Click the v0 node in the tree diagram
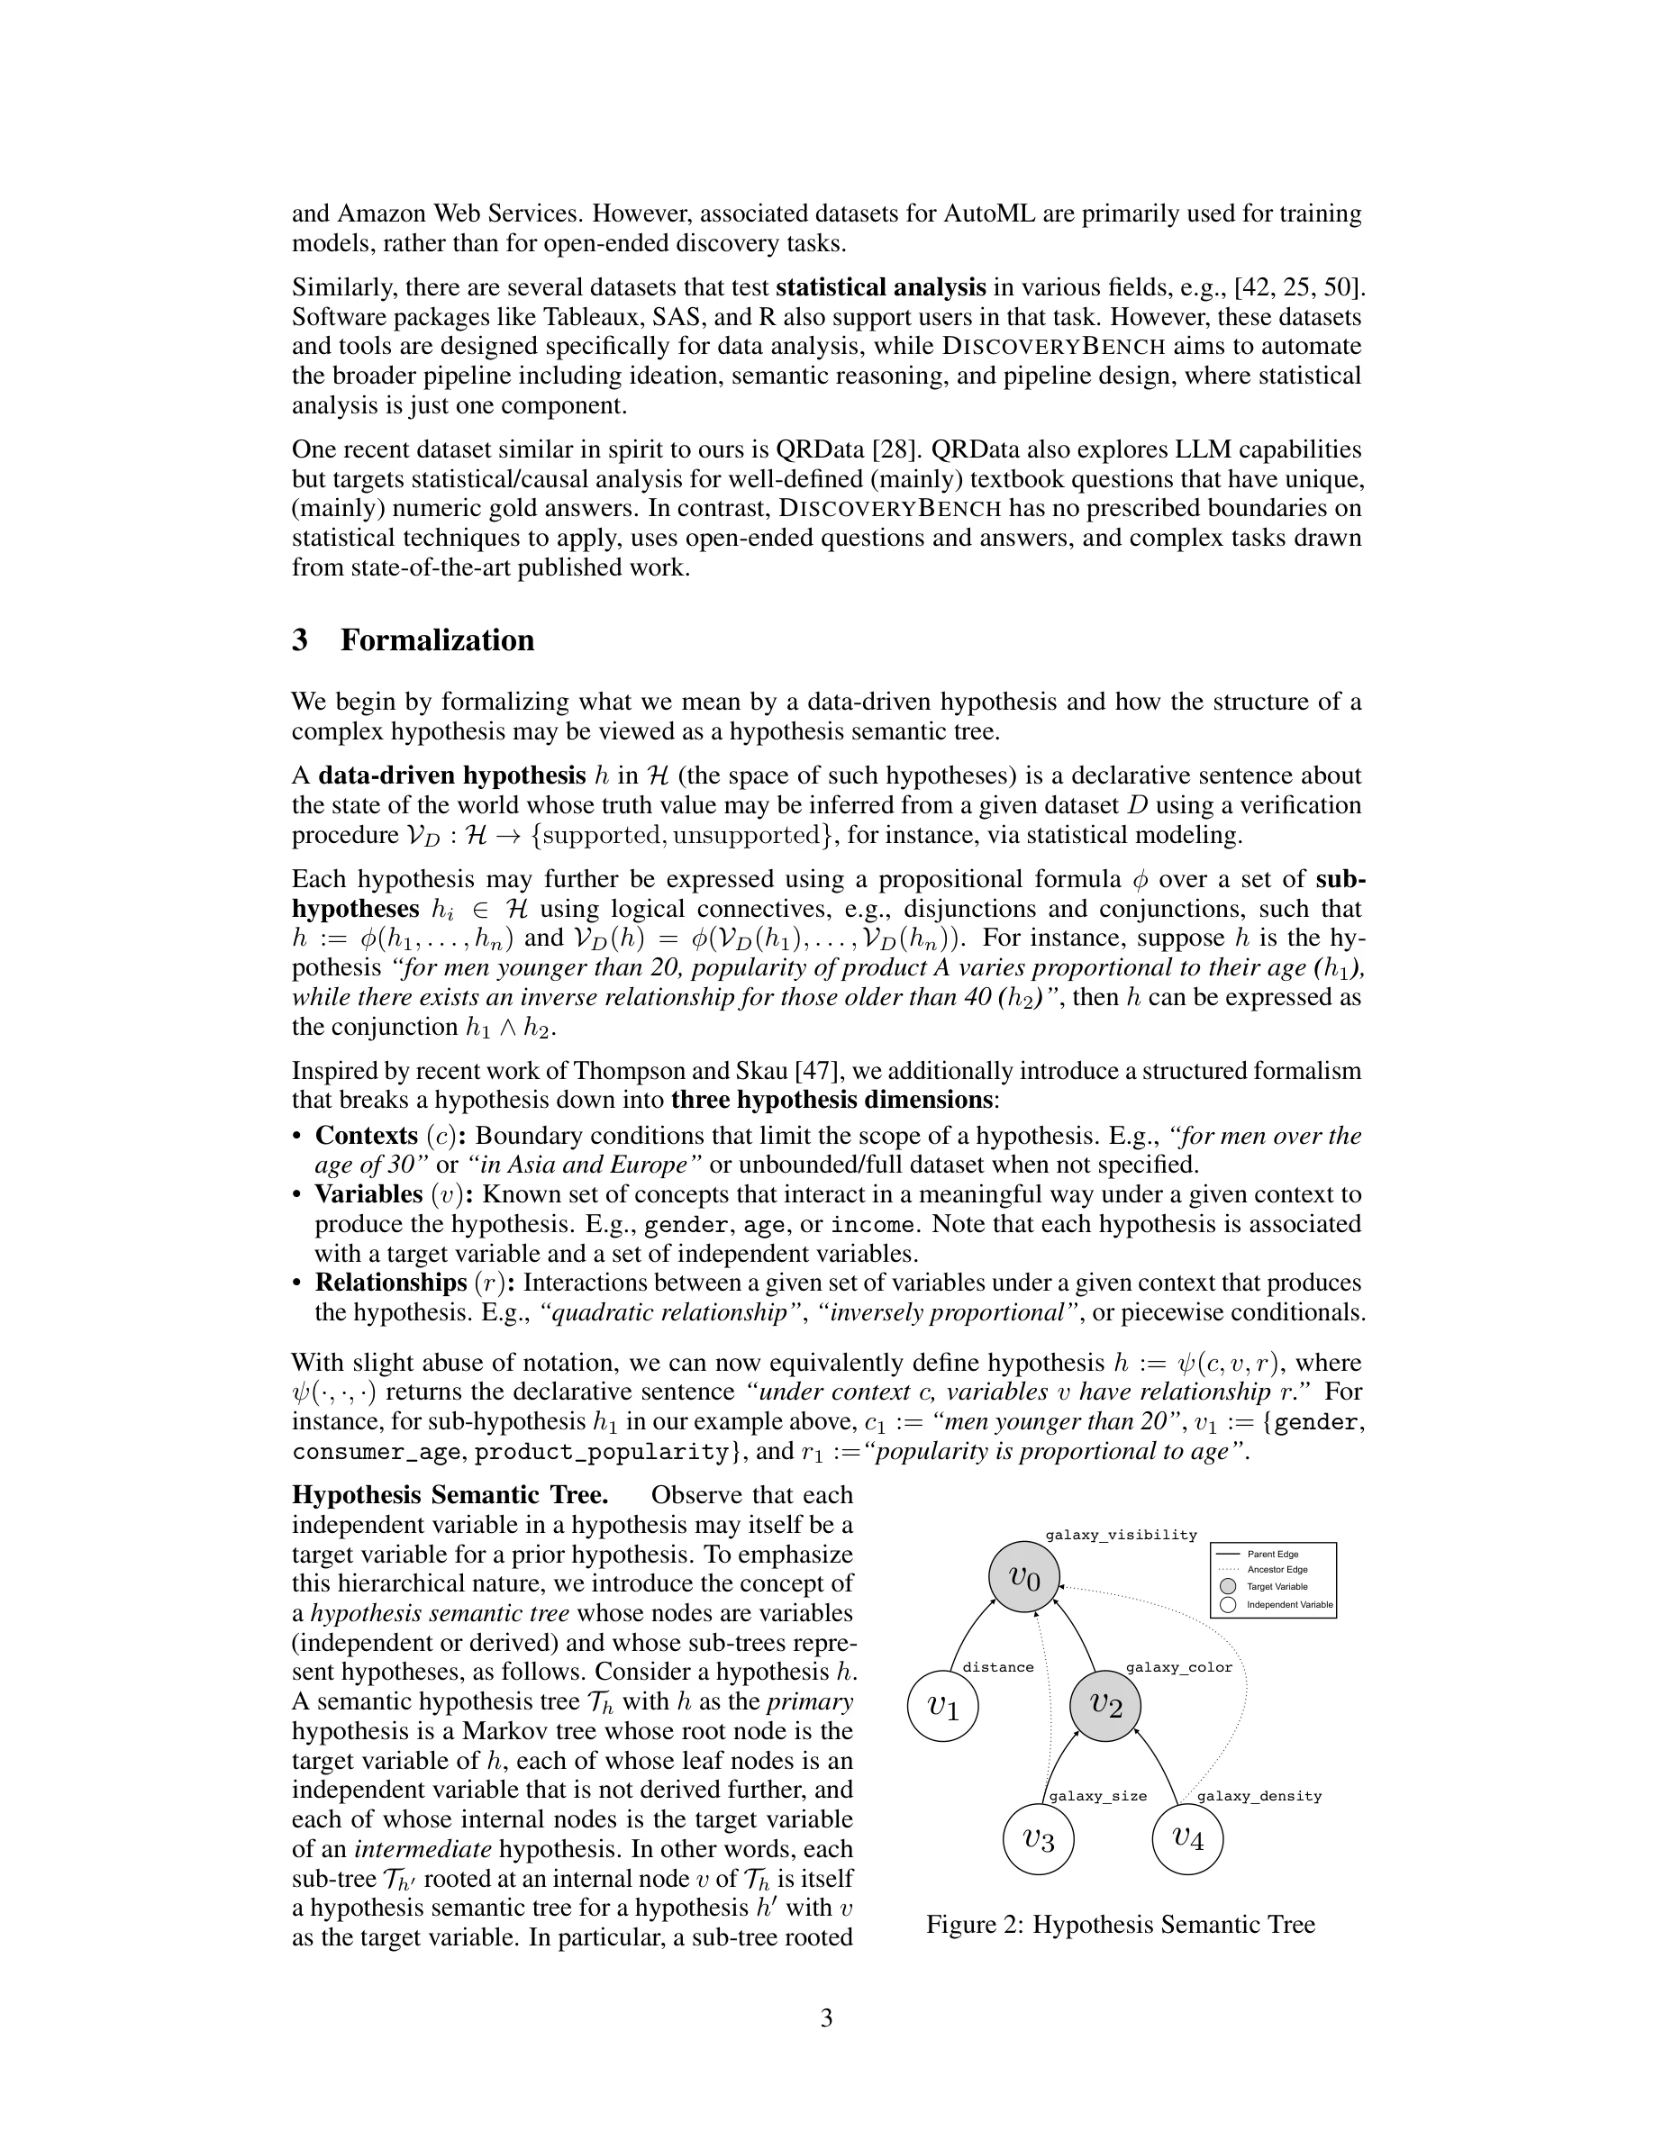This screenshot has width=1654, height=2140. click(1022, 1576)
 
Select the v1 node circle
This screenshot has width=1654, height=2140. click(942, 1706)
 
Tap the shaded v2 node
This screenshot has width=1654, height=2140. click(1105, 1705)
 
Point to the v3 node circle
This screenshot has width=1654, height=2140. click(1039, 1839)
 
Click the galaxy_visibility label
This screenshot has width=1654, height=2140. click(1121, 1535)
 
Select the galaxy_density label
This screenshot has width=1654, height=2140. click(1259, 1796)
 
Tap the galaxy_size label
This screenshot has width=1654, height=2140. click(1097, 1796)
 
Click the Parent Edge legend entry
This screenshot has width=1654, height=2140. click(1272, 1554)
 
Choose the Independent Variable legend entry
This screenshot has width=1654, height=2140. click(1288, 1605)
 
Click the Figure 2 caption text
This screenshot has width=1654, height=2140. click(1120, 1925)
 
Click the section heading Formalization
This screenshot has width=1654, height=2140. click(437, 639)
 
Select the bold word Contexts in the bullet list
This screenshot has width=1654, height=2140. click(367, 1136)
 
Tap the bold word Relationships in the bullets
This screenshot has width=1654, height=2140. click(390, 1283)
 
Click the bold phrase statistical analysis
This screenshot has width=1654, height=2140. click(880, 287)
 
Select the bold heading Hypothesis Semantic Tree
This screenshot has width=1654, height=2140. click(450, 1495)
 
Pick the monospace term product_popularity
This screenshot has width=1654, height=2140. click(603, 1451)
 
